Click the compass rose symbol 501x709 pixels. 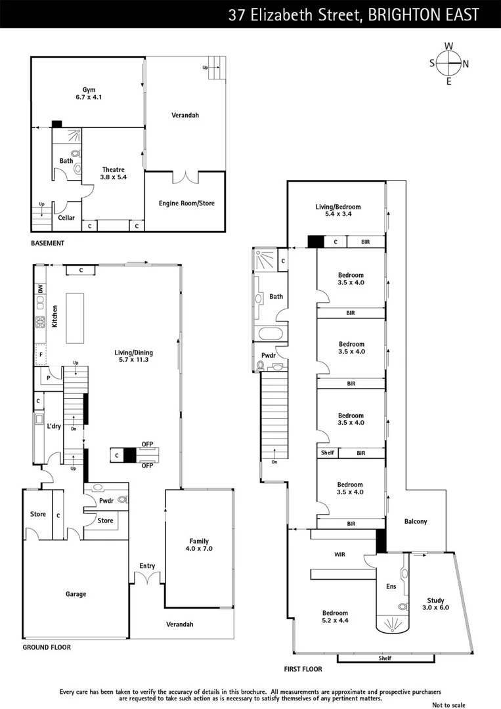[449, 64]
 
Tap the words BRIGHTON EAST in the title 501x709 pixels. [423, 15]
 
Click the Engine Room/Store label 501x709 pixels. [186, 204]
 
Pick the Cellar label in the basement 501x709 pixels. [66, 218]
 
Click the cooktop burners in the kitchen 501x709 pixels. [40, 322]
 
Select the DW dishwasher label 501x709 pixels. [40, 288]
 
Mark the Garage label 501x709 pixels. [76, 594]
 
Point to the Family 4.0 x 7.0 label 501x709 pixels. [199, 544]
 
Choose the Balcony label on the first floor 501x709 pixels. [415, 522]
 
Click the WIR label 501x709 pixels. [339, 555]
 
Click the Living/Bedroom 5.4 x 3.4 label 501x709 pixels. [338, 210]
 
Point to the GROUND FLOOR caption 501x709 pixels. [47, 647]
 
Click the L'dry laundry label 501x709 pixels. [54, 426]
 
